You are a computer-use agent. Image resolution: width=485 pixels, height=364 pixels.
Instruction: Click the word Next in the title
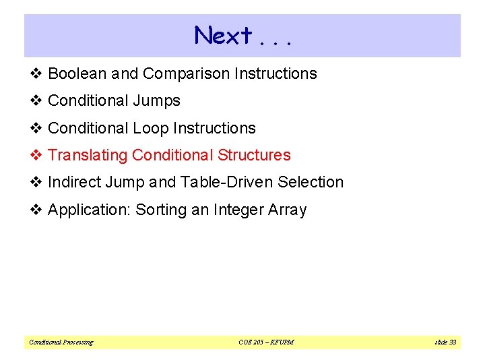tap(223, 35)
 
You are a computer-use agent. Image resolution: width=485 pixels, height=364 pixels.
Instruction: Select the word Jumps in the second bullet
tap(159, 101)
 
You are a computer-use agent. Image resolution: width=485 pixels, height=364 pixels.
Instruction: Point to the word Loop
tap(150, 128)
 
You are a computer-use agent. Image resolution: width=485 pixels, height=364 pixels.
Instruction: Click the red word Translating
tap(88, 155)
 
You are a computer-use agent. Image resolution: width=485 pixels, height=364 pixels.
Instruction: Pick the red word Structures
tap(254, 155)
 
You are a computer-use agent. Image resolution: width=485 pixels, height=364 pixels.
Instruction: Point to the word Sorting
tap(161, 210)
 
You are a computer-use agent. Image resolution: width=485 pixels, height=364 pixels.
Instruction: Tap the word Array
tap(288, 210)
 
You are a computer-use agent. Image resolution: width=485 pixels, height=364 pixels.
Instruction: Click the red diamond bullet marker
tap(36, 155)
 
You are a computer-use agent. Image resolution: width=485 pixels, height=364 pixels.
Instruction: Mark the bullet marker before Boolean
tap(36, 73)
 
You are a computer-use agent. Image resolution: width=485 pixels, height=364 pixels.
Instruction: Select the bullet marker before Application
tap(36, 210)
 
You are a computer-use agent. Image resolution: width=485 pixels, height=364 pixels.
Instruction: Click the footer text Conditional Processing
tap(61, 342)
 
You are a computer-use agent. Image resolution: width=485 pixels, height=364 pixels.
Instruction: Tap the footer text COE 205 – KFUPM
tap(267, 342)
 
